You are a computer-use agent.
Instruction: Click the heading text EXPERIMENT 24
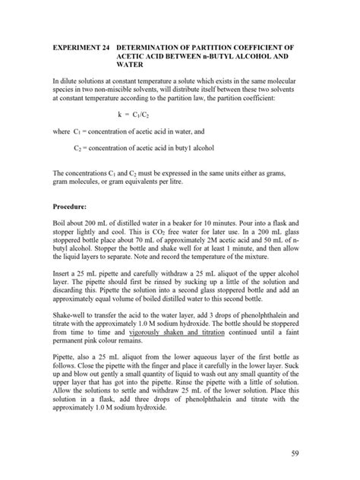coord(77,47)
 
